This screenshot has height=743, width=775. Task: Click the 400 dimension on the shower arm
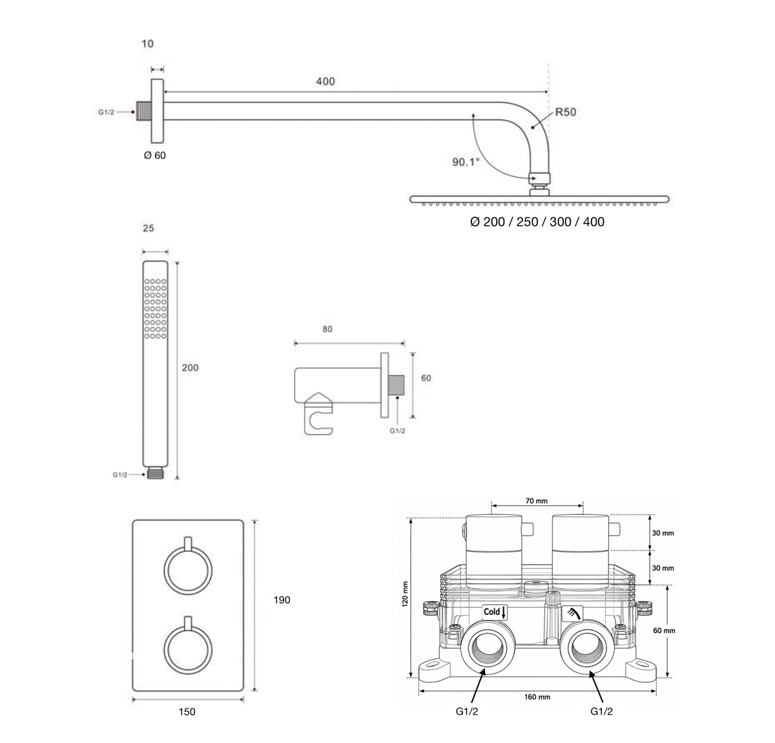pyautogui.click(x=325, y=81)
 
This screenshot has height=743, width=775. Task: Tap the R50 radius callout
pyautogui.click(x=566, y=112)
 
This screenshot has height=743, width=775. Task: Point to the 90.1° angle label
pyautogui.click(x=466, y=162)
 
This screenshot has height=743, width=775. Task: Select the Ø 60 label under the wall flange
pyautogui.click(x=155, y=155)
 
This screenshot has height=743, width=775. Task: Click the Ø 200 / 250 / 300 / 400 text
pyautogui.click(x=537, y=221)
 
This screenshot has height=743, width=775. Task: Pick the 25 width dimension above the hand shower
pyautogui.click(x=148, y=229)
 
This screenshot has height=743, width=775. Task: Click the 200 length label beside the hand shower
pyautogui.click(x=190, y=368)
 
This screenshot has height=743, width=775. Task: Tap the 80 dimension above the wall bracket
pyautogui.click(x=327, y=329)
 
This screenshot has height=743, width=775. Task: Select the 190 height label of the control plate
pyautogui.click(x=282, y=600)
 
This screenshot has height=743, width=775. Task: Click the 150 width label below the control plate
pyautogui.click(x=187, y=711)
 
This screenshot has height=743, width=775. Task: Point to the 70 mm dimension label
pyautogui.click(x=537, y=501)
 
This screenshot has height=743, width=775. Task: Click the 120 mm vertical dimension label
pyautogui.click(x=405, y=594)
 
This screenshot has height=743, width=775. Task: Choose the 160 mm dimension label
pyautogui.click(x=537, y=697)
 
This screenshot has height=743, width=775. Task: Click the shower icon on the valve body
pyautogui.click(x=573, y=613)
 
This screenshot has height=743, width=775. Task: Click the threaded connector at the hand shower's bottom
pyautogui.click(x=155, y=474)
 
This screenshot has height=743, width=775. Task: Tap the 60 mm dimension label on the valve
pyautogui.click(x=664, y=631)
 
